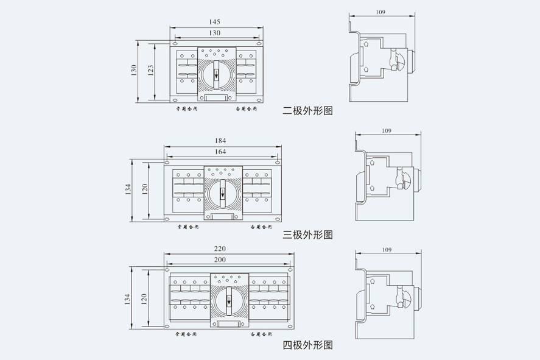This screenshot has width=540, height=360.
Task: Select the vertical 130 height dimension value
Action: coord(134,71)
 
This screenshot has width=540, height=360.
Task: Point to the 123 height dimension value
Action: coord(150,71)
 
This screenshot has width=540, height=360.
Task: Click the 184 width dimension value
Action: coord(220,141)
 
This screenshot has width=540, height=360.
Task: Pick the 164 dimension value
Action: coord(220,151)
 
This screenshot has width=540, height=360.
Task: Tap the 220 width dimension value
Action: coord(220,249)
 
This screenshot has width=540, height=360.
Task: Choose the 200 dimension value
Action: coord(220,259)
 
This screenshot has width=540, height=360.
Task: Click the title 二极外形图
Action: coord(308,111)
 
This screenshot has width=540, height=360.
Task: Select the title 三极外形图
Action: coord(308,234)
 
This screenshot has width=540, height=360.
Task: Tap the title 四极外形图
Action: coord(308,345)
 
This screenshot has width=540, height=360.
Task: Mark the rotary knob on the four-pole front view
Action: coord(230,300)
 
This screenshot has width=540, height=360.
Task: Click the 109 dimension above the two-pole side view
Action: coord(380,12)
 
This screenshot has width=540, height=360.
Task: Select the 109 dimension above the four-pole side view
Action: coord(385,250)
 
